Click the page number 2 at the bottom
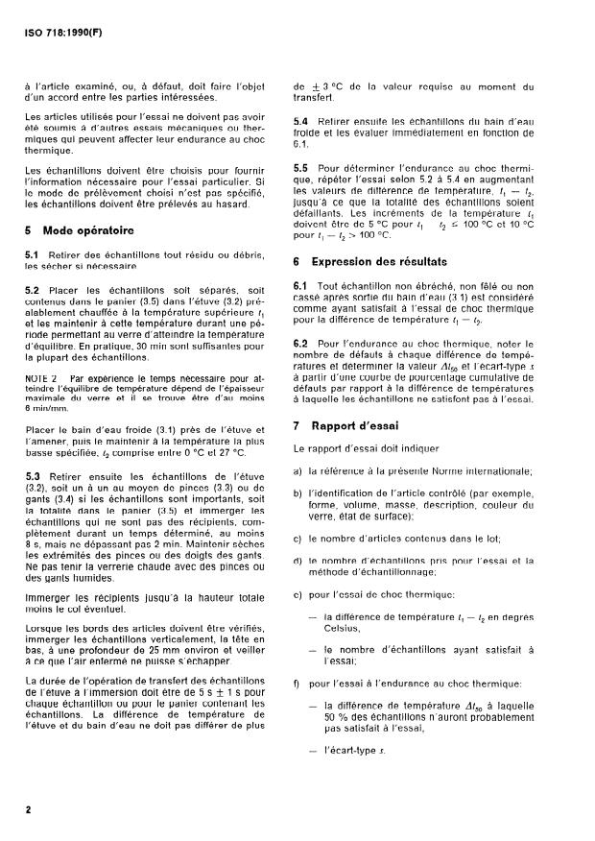click(x=28, y=810)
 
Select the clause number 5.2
click(x=32, y=289)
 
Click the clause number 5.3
click(x=32, y=477)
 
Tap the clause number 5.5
click(x=301, y=167)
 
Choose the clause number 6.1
click(x=301, y=287)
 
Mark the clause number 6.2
click(x=301, y=343)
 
